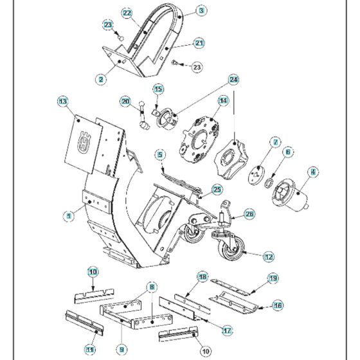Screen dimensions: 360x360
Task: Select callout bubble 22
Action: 127,13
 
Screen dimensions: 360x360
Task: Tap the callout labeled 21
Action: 199,43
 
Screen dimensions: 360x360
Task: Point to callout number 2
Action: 101,79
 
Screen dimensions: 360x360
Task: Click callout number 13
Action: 62,102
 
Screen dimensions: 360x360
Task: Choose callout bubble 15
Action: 158,89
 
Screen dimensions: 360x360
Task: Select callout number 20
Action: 125,101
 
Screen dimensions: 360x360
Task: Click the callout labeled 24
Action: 234,80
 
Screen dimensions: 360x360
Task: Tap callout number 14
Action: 223,101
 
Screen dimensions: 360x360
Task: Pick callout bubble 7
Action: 274,142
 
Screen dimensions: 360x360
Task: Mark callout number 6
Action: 288,152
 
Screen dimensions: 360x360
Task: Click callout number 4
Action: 313,172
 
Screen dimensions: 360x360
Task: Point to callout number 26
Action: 249,215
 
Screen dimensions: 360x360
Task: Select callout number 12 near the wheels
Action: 269,256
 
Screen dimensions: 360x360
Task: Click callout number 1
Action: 68,218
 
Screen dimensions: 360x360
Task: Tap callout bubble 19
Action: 273,278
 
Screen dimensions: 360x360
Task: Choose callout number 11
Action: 89,349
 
